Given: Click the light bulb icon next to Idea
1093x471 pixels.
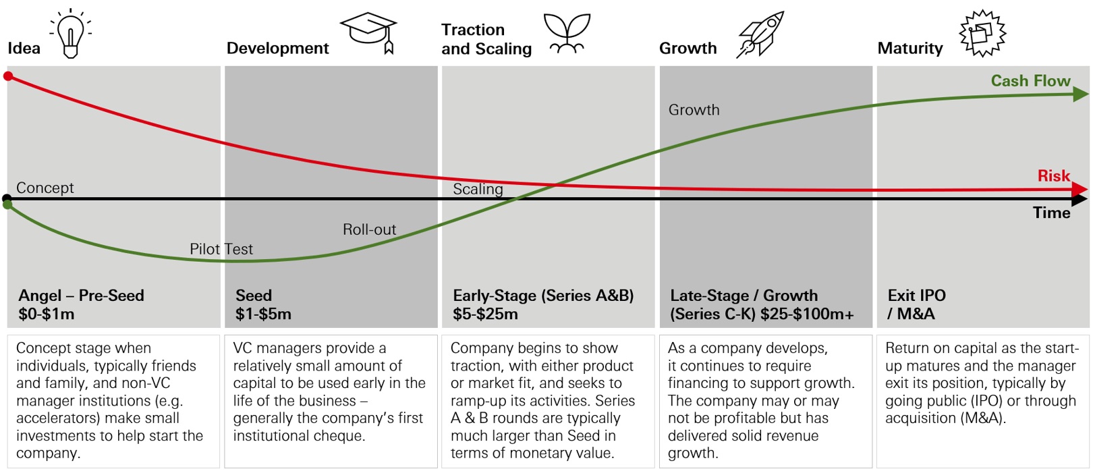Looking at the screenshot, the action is (71, 33).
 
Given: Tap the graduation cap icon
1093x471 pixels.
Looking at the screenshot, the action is (368, 32).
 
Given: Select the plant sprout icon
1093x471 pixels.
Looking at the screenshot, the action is (567, 33).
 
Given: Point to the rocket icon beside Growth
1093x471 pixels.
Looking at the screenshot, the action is (760, 34).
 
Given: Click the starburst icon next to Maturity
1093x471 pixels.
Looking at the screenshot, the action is (982, 33).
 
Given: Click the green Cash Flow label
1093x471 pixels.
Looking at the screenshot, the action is (1030, 80).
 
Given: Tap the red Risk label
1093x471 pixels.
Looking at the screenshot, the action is (1053, 175).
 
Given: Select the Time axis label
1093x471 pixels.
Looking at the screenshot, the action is (1052, 213).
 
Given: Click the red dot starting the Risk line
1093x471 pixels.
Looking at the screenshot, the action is (8, 76).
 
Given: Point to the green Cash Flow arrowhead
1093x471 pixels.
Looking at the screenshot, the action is (1081, 94).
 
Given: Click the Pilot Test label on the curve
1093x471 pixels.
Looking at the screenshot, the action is (221, 249).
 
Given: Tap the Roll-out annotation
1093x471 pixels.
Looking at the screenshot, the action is (369, 229).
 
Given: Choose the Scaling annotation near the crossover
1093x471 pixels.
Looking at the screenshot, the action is (478, 189).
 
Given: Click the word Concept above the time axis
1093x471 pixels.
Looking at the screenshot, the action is (45, 188).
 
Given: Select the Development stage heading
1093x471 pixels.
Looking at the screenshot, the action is (278, 49).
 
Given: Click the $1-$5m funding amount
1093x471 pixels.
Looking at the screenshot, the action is (263, 314).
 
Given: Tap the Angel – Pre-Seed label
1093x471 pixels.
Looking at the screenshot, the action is (82, 296).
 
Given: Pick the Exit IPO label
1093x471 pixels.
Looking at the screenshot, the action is (916, 296).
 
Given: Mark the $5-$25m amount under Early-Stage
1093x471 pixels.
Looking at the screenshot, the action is (485, 314).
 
